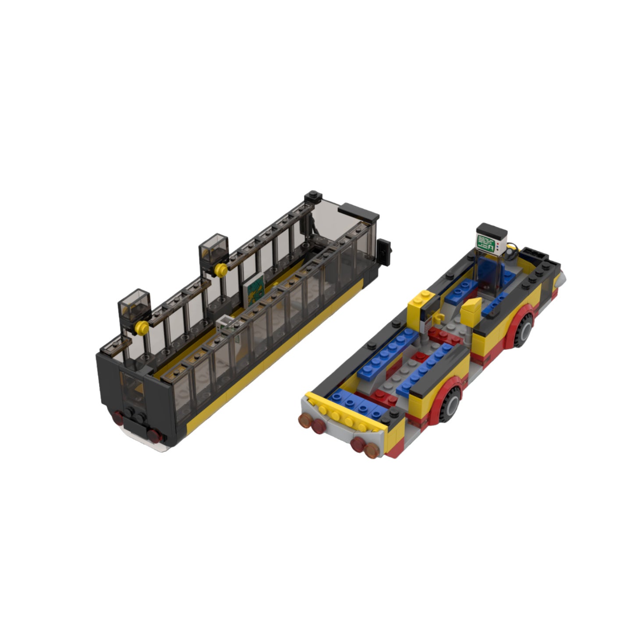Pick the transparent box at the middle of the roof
click(x=213, y=248)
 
